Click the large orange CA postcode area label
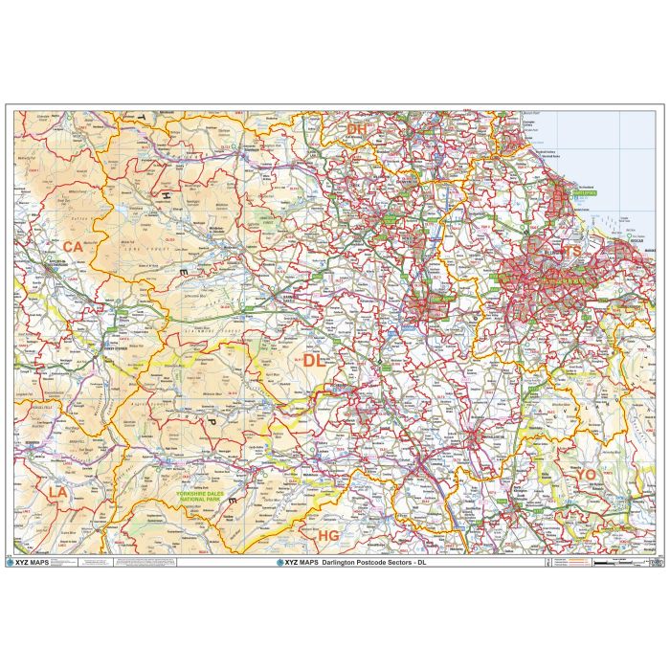(74, 247)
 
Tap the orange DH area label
(357, 129)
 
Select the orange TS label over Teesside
(570, 252)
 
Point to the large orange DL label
(314, 362)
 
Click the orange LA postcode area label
(58, 491)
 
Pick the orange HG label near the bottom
(328, 534)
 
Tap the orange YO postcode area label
(585, 474)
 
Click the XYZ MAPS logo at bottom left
(29, 563)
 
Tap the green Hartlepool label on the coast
(583, 192)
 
